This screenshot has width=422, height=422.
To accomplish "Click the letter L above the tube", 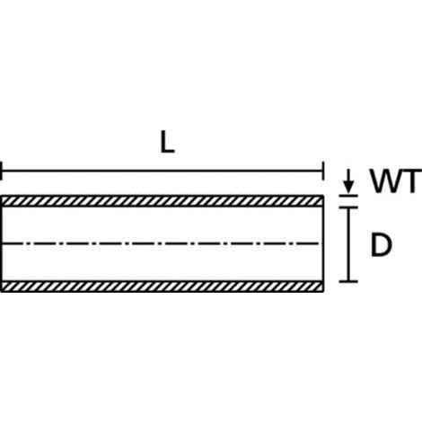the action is (167, 142).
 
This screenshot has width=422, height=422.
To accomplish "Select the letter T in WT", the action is (411, 180).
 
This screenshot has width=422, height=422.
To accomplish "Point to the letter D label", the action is (381, 245).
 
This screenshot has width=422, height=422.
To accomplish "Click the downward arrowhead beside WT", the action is (348, 187).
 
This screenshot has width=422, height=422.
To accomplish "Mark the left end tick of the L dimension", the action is (1, 171).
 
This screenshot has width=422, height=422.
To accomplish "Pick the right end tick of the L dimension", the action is (323, 171).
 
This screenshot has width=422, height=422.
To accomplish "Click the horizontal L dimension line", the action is (163, 171).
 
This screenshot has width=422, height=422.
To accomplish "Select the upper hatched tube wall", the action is (163, 201).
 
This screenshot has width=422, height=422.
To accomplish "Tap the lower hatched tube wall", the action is (163, 286).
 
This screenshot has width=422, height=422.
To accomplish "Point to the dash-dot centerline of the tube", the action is (160, 243).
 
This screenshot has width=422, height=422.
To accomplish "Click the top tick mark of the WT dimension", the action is (348, 196).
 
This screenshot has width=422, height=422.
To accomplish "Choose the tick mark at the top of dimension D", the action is (348, 207).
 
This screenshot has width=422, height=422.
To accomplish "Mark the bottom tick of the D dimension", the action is (348, 281).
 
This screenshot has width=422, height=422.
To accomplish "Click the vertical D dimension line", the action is (348, 244).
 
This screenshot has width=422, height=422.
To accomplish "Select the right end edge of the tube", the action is (323, 243).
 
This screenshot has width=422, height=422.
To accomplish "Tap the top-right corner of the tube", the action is (323, 196).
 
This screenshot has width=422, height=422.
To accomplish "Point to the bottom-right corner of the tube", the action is (323, 292).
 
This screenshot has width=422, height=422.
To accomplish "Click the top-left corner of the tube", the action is (2, 196).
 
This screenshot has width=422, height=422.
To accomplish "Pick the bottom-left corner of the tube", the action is (2, 292).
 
